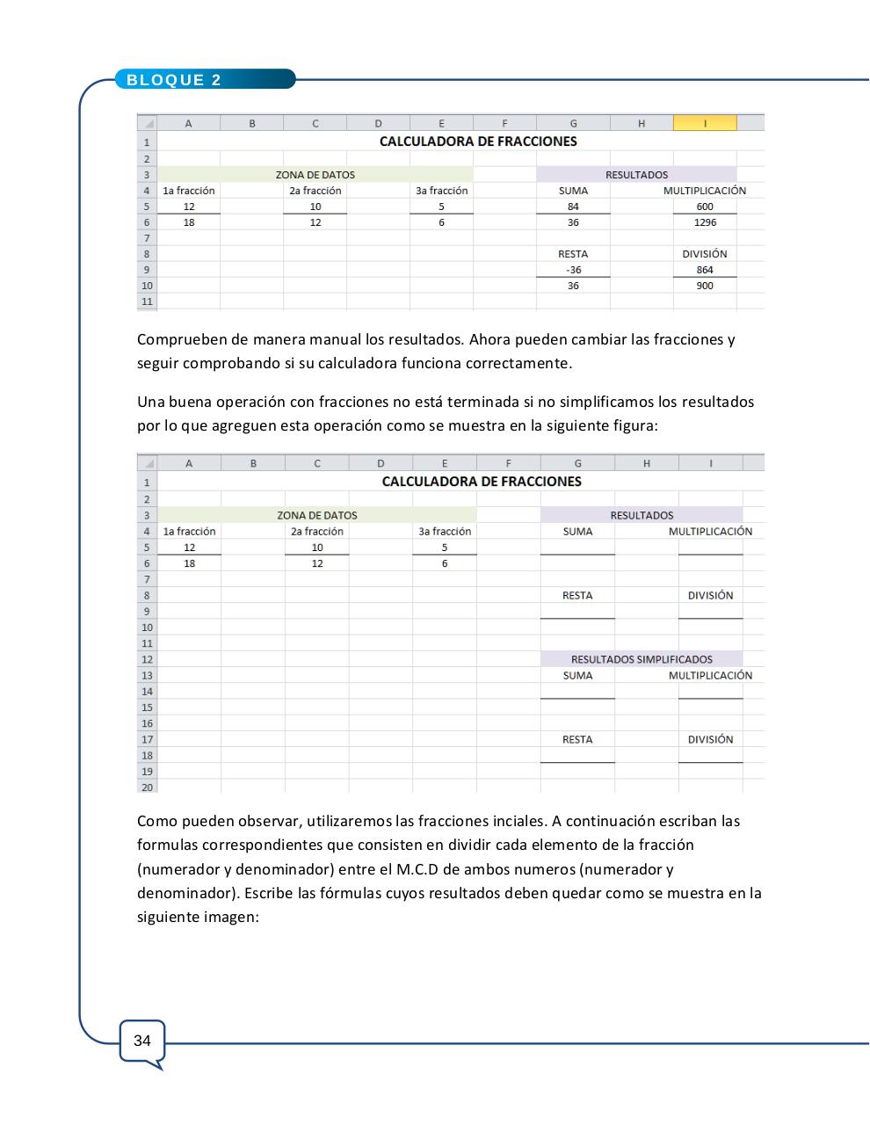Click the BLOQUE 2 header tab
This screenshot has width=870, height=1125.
tap(174, 80)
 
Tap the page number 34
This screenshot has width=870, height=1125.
tap(141, 1041)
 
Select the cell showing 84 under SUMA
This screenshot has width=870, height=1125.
tap(573, 207)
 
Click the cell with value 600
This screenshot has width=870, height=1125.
tap(705, 207)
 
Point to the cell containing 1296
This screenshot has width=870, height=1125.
tap(705, 222)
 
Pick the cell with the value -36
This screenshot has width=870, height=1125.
tap(573, 270)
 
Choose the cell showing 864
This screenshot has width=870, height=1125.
tap(705, 270)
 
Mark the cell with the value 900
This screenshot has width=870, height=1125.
tap(705, 286)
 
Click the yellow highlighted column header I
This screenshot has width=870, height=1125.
tap(705, 124)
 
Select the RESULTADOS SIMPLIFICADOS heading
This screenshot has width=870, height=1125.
tap(642, 659)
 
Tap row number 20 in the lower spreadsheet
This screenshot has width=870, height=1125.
tap(147, 787)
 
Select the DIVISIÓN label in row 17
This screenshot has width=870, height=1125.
tap(710, 739)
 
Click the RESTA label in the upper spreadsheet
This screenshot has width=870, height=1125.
tap(573, 254)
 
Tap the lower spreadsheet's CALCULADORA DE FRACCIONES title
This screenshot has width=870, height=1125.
tap(482, 482)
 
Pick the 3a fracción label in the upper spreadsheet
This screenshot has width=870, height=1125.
tap(441, 191)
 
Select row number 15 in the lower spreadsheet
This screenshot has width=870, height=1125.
tap(147, 708)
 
